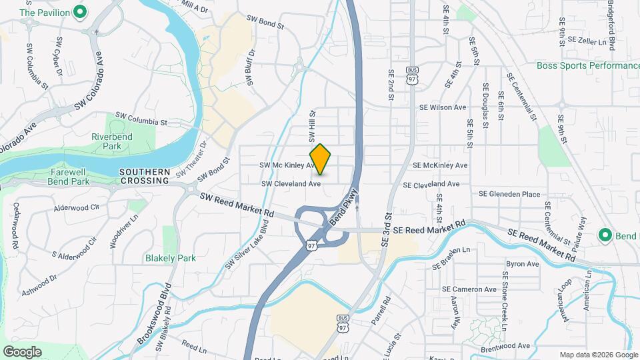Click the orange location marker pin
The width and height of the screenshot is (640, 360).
(x=321, y=159)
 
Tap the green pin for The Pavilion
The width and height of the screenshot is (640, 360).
(x=80, y=11)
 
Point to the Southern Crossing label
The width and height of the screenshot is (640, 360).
(x=145, y=176)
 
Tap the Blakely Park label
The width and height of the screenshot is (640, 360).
(x=171, y=259)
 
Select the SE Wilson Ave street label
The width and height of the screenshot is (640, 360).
(x=443, y=107)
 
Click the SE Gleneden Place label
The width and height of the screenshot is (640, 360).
(x=509, y=194)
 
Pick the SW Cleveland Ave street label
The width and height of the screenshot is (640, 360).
(x=291, y=183)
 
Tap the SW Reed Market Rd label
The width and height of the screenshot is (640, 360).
(x=237, y=203)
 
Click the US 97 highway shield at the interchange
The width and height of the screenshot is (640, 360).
(x=312, y=245)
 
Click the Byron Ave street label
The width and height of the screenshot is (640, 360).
(x=522, y=264)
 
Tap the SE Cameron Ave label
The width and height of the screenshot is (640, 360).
(x=469, y=289)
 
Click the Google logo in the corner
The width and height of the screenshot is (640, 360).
(x=22, y=351)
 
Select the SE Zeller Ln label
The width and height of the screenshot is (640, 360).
(x=586, y=41)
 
